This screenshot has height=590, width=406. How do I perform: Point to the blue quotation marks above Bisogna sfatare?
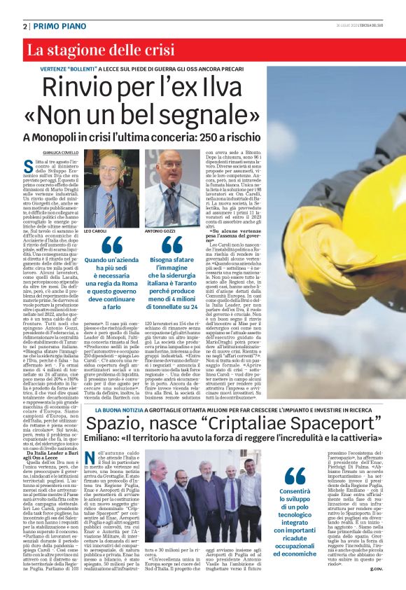point(171,245)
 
